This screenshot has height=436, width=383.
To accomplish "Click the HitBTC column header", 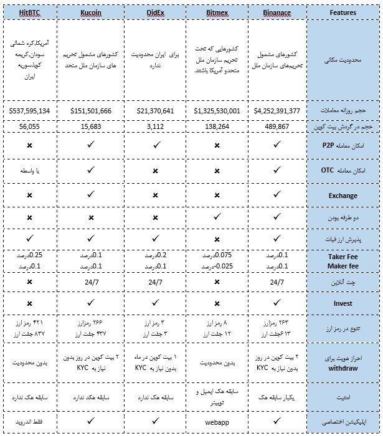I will pos(34,12).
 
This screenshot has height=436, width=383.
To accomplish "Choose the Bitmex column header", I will pos(217,12).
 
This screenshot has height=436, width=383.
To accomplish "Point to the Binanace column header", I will pos(277,12).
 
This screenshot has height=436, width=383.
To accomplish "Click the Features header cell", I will pos(344,12).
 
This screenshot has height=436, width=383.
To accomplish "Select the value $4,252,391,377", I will pos(277,111).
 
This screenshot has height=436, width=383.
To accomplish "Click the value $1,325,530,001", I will pos(217,111).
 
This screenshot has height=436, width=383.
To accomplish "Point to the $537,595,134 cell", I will pos(34,111).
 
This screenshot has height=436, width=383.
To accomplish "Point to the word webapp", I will pos(217,422).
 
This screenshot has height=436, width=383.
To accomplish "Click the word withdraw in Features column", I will pos(344,367).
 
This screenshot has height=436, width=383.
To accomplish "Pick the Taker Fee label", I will pos(343,256).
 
